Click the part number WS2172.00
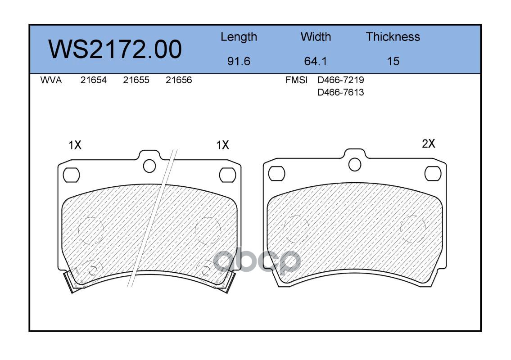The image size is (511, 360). point(115,49)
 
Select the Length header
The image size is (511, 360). point(239,37)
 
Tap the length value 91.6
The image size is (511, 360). point(239,61)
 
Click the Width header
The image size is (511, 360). point(316,36)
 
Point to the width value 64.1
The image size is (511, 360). point(315,61)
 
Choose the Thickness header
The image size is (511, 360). point(393,36)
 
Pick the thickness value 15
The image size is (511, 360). point(393,61)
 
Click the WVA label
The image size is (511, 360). point(51,80)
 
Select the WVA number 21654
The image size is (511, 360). point(94,80)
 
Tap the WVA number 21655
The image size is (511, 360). point(136,80)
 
